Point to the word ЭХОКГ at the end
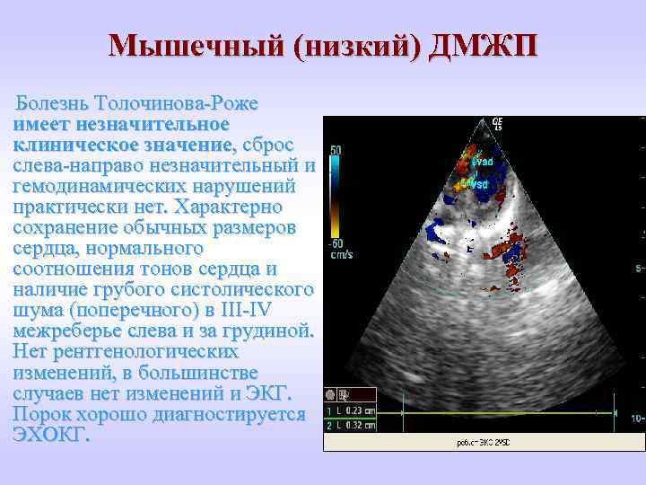tap(52, 435)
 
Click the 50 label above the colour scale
tap(334, 151)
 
